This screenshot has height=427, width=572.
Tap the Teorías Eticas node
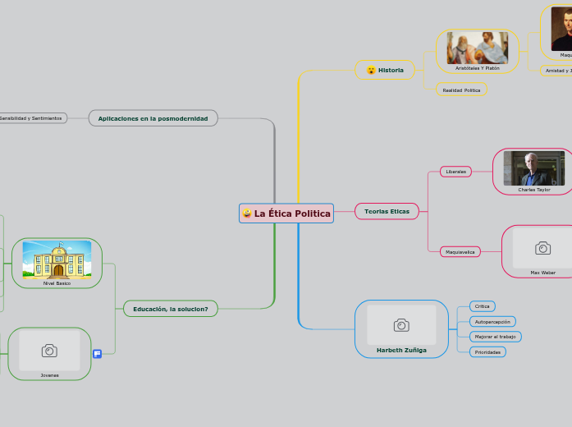386,212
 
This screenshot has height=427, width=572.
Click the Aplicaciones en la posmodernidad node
153,118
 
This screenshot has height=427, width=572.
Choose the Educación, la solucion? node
171,309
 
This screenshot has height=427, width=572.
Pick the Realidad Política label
461,90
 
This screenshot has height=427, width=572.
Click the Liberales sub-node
455,172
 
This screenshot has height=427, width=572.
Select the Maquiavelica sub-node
460,252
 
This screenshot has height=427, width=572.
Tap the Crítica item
482,306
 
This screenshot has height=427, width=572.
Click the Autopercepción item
492,321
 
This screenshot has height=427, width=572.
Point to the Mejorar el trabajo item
495,337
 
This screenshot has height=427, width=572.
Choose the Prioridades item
487,352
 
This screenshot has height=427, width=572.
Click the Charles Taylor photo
533,168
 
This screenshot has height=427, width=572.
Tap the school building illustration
57,259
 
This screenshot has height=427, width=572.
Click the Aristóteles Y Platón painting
477,48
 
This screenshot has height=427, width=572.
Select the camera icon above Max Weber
542,248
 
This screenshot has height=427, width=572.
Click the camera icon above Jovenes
49,351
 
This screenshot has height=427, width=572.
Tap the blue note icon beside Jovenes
97,354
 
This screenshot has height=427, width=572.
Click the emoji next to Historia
371,70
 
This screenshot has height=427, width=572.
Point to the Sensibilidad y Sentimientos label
30,118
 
